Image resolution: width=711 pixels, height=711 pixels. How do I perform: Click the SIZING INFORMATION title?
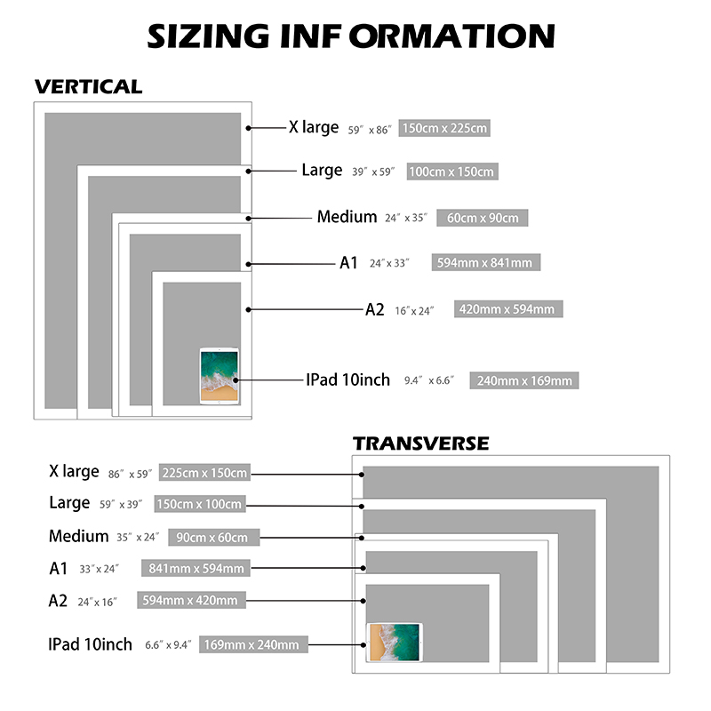pyautogui.click(x=351, y=36)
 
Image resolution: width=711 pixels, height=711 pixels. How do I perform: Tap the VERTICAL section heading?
pyautogui.click(x=88, y=86)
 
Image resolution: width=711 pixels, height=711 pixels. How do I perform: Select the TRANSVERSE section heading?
pyautogui.click(x=420, y=443)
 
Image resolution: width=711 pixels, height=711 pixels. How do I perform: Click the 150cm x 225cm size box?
pyautogui.click(x=444, y=128)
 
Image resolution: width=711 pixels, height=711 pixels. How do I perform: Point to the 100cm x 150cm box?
pyautogui.click(x=452, y=172)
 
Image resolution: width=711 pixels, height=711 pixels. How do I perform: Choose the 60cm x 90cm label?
pyautogui.click(x=482, y=218)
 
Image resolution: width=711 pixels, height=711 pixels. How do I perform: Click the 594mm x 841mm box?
pyautogui.click(x=485, y=262)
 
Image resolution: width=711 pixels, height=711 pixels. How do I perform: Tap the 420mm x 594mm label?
pyautogui.click(x=508, y=308)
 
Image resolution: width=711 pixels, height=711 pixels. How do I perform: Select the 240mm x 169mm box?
pyautogui.click(x=523, y=380)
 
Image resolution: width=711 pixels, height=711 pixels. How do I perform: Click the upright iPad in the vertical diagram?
pyautogui.click(x=219, y=376)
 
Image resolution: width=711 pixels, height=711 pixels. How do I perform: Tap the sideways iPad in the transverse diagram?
pyautogui.click(x=394, y=642)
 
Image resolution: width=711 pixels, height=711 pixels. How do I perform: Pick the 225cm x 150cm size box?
pyautogui.click(x=204, y=473)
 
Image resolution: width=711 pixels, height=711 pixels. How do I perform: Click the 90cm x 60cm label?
pyautogui.click(x=213, y=538)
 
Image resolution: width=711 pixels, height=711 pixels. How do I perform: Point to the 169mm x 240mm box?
pyautogui.click(x=253, y=644)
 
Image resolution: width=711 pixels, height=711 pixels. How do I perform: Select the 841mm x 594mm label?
pyautogui.click(x=196, y=568)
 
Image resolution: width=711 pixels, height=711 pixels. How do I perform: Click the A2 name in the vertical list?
pyautogui.click(x=374, y=309)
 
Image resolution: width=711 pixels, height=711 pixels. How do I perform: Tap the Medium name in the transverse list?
pyautogui.click(x=79, y=536)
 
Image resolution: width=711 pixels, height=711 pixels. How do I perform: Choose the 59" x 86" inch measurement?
pyautogui.click(x=370, y=130)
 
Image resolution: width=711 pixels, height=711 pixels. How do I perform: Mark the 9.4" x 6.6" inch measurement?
pyautogui.click(x=429, y=380)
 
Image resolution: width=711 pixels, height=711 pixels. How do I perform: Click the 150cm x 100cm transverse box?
pyautogui.click(x=200, y=504)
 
